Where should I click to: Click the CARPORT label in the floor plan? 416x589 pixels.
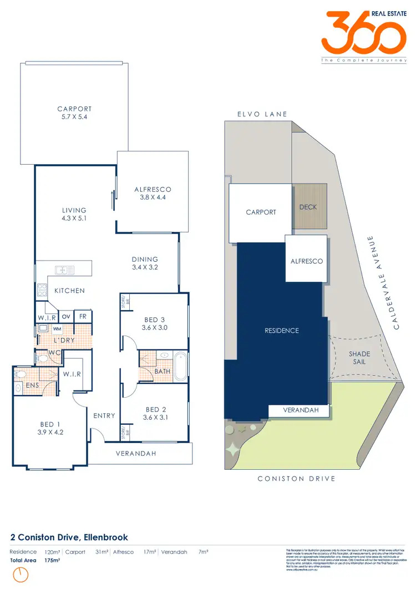click(x=74, y=109)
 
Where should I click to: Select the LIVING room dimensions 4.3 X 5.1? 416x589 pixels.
click(x=74, y=219)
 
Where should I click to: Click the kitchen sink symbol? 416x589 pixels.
click(x=65, y=270)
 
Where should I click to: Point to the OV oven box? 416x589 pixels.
click(x=65, y=317)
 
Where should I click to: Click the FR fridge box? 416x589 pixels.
click(x=83, y=317)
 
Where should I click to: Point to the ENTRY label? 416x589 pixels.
click(x=104, y=416)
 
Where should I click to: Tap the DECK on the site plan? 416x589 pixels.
click(x=308, y=207)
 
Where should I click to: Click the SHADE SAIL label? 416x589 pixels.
click(x=359, y=358)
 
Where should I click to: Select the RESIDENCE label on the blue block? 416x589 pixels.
click(x=282, y=331)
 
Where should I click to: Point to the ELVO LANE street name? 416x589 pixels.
click(x=262, y=114)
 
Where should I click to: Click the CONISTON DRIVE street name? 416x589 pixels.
click(x=296, y=479)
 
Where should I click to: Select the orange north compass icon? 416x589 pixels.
click(x=21, y=575)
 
